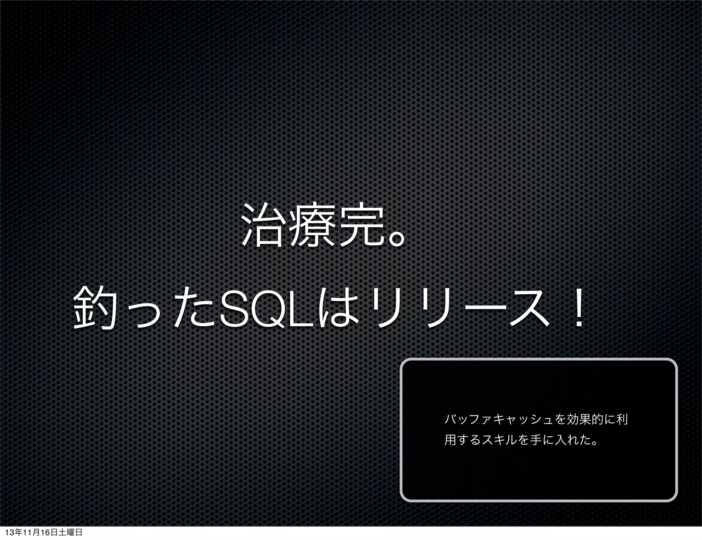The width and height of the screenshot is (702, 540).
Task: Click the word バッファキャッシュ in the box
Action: [x=498, y=419]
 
